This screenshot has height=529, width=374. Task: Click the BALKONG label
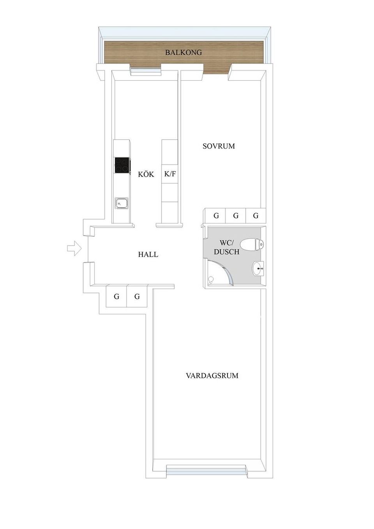point(183,52)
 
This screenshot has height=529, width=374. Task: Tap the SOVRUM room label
point(219,146)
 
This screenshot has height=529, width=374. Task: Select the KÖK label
point(146,174)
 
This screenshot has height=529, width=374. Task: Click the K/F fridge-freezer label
point(170,174)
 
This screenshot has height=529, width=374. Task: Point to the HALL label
point(148,255)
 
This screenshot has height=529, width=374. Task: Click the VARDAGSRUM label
point(212,376)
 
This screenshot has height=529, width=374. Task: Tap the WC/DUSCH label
point(226,248)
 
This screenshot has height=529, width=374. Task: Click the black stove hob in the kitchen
point(122,165)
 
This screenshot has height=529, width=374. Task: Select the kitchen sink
point(121,203)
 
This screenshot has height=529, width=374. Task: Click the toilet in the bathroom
point(252,245)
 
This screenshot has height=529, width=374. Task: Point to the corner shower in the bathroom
point(218,275)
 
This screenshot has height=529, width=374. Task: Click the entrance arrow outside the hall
point(74,248)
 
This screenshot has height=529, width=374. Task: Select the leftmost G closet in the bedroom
point(216,215)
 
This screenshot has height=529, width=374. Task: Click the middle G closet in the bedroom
point(236,215)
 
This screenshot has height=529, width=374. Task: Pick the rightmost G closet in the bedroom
point(256,215)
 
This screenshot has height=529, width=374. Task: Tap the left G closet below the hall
point(116,297)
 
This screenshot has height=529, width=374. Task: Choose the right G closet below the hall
point(137,297)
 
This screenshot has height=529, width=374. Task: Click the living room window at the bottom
point(206,470)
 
